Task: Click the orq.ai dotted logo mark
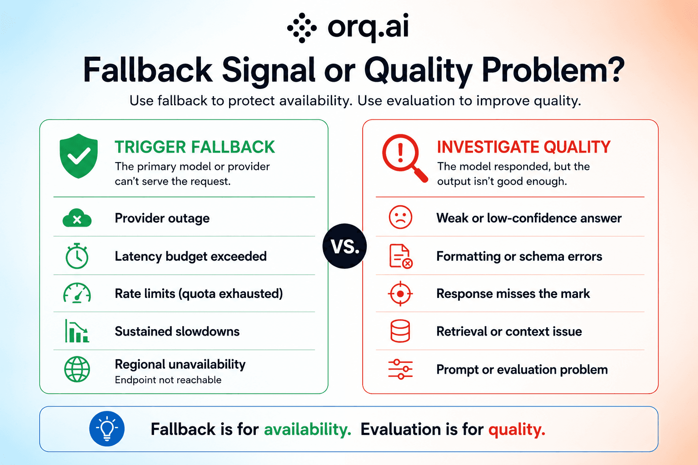(x=302, y=28)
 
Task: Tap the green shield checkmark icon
(x=79, y=156)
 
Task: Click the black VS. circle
(x=344, y=246)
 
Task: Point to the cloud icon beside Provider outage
(x=77, y=218)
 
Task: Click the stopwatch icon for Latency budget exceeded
(x=77, y=256)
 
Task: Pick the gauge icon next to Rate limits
(x=77, y=293)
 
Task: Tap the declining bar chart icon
(x=77, y=331)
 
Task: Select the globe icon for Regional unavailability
(x=77, y=369)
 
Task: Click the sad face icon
(x=400, y=218)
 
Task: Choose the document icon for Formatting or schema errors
(x=401, y=256)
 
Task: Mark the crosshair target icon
(x=400, y=294)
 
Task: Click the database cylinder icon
(x=400, y=331)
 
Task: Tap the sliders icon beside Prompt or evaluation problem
(x=400, y=369)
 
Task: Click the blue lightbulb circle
(x=107, y=429)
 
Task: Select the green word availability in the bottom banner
(x=308, y=429)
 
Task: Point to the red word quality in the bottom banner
(x=517, y=430)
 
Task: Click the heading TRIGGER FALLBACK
(x=195, y=147)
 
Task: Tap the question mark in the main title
(x=614, y=70)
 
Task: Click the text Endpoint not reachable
(x=168, y=380)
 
